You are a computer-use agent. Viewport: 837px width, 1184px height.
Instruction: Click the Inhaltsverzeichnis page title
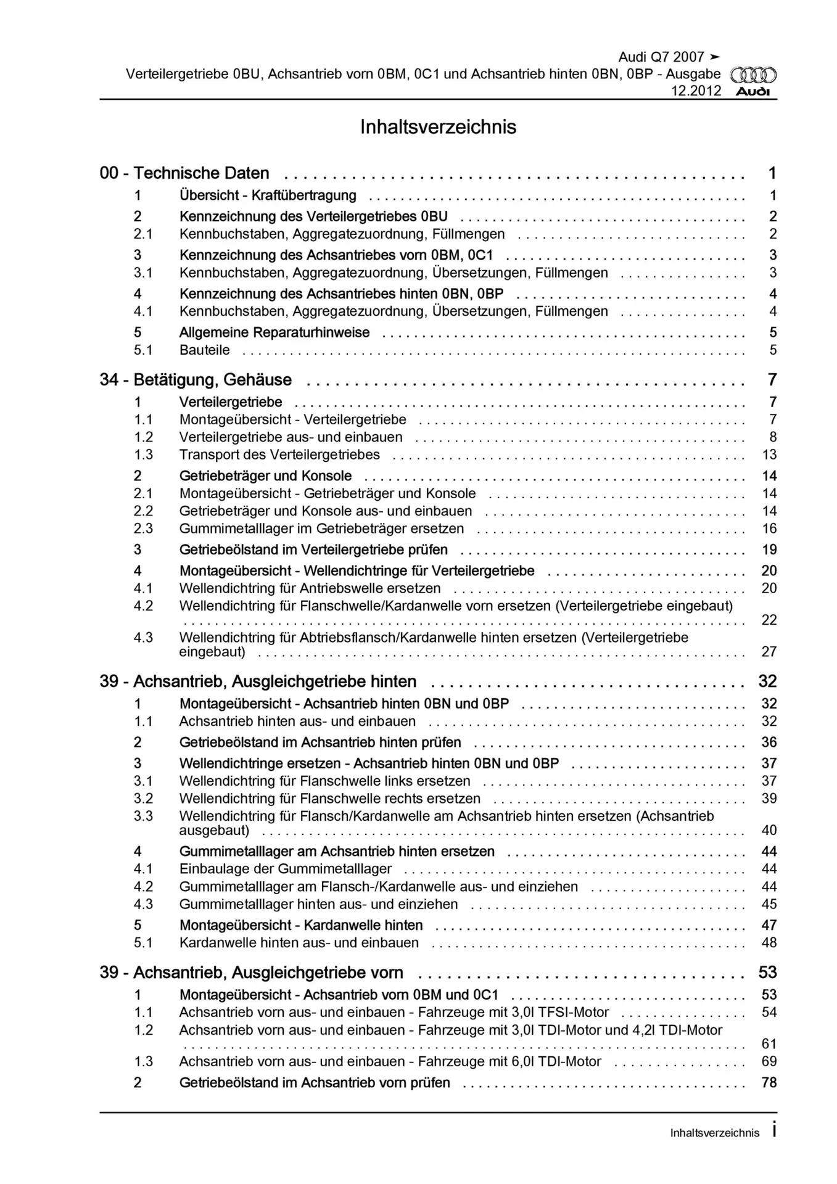438,127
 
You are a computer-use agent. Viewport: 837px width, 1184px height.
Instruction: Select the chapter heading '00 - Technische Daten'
184,173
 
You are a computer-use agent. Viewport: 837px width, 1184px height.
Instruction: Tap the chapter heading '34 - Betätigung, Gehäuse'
196,380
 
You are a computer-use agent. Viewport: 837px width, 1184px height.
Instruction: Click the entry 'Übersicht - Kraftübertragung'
268,195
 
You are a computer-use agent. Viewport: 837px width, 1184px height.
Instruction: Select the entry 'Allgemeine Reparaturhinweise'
274,332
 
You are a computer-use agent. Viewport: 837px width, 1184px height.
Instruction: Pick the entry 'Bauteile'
204,350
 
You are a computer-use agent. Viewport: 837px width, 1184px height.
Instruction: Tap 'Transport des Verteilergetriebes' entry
279,455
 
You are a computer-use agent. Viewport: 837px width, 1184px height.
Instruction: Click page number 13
769,455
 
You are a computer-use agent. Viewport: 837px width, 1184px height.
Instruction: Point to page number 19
769,550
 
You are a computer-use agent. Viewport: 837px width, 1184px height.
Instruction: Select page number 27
769,652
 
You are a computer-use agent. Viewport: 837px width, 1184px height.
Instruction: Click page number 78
769,1083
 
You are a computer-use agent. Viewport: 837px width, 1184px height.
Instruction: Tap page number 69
769,1062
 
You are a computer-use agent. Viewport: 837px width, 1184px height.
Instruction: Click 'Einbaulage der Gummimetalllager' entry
286,869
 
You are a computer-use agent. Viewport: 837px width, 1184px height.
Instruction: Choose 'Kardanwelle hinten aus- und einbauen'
299,943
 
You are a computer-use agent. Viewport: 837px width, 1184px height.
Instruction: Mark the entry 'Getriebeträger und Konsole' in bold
265,476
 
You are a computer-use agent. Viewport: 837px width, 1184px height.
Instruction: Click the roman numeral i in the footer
773,1131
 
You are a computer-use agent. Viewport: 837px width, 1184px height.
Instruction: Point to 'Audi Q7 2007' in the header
661,57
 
